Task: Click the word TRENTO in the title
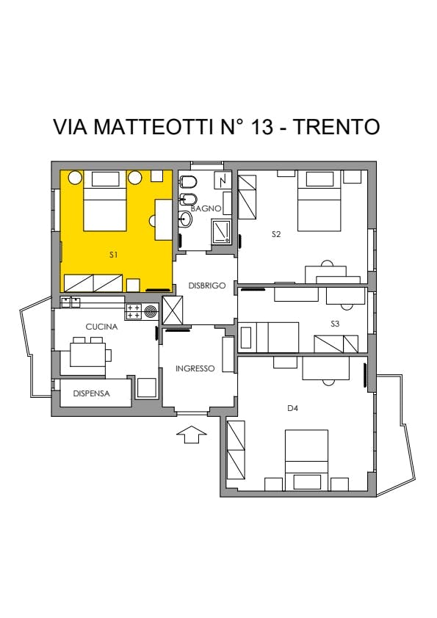[337, 126]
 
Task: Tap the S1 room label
[114, 255]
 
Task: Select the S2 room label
[276, 234]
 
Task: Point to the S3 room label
[335, 324]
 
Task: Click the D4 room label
[292, 408]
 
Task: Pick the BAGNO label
[206, 208]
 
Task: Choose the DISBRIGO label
[206, 286]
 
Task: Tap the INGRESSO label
[195, 368]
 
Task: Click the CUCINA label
[101, 327]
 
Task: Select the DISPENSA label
[92, 393]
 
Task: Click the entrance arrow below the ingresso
[191, 435]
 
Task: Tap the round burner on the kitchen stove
[151, 312]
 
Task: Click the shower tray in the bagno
[221, 231]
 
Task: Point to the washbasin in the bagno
[185, 219]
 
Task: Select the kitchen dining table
[87, 355]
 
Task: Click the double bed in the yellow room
[105, 200]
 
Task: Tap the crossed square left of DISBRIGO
[173, 310]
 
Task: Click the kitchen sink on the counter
[71, 302]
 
